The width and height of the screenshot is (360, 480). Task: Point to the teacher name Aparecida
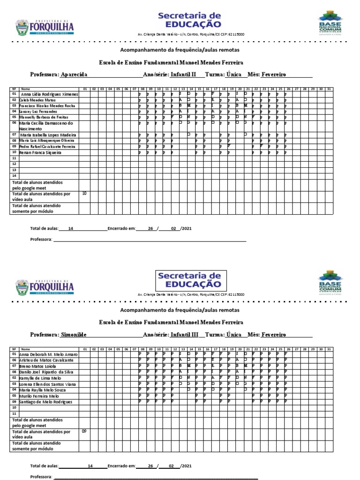pos(74,75)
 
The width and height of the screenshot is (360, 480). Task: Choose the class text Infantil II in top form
pos(184,75)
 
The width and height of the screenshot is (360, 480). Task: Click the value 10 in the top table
pos(84,193)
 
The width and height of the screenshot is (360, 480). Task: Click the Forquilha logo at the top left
pos(45,27)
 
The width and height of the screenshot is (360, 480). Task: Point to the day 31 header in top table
pos(329,89)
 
